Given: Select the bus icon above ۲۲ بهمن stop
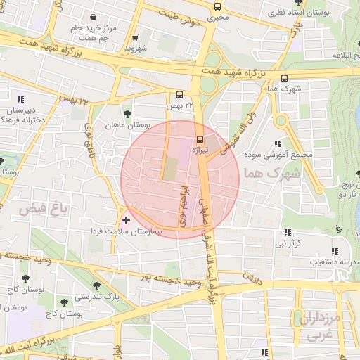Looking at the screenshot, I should (180, 94).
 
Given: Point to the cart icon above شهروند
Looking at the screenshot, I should (134, 38).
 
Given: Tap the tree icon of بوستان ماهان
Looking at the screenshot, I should (127, 114).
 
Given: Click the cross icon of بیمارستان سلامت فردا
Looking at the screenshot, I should (126, 221).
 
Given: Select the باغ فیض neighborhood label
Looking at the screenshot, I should (32, 209).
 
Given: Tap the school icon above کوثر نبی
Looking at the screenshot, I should (287, 232).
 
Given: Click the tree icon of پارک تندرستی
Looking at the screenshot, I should (96, 286).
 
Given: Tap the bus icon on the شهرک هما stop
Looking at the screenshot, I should (284, 78).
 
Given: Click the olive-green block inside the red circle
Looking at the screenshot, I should (171, 168).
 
